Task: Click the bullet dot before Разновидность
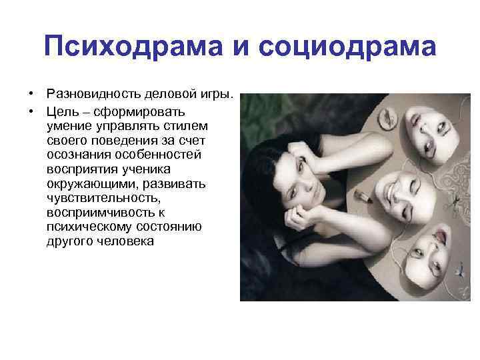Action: pyautogui.click(x=31, y=97)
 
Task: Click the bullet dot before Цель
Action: pyautogui.click(x=31, y=111)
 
